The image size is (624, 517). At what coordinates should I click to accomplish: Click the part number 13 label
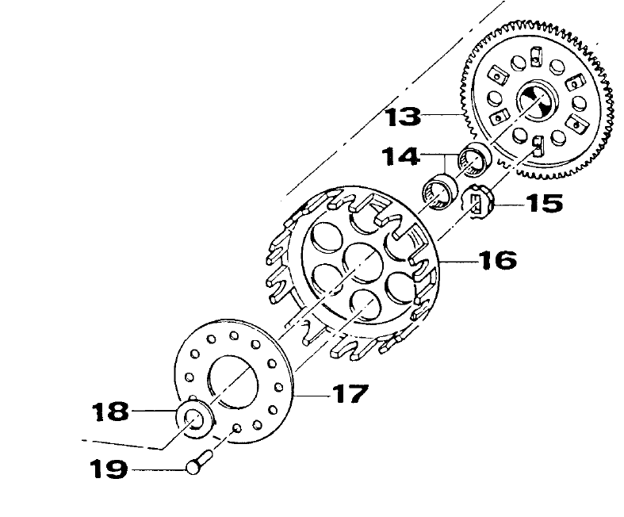coord(403,117)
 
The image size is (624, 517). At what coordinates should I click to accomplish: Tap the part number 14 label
coord(400,156)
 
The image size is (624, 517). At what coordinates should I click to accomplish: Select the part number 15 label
coord(545,203)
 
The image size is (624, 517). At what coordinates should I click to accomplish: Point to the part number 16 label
coord(498,260)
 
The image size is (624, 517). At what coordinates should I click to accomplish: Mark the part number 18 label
coord(110,411)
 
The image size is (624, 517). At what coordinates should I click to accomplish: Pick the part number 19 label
coord(109,469)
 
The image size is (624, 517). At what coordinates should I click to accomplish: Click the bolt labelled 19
coord(200,461)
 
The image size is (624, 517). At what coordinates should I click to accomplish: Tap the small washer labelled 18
coord(195,421)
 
